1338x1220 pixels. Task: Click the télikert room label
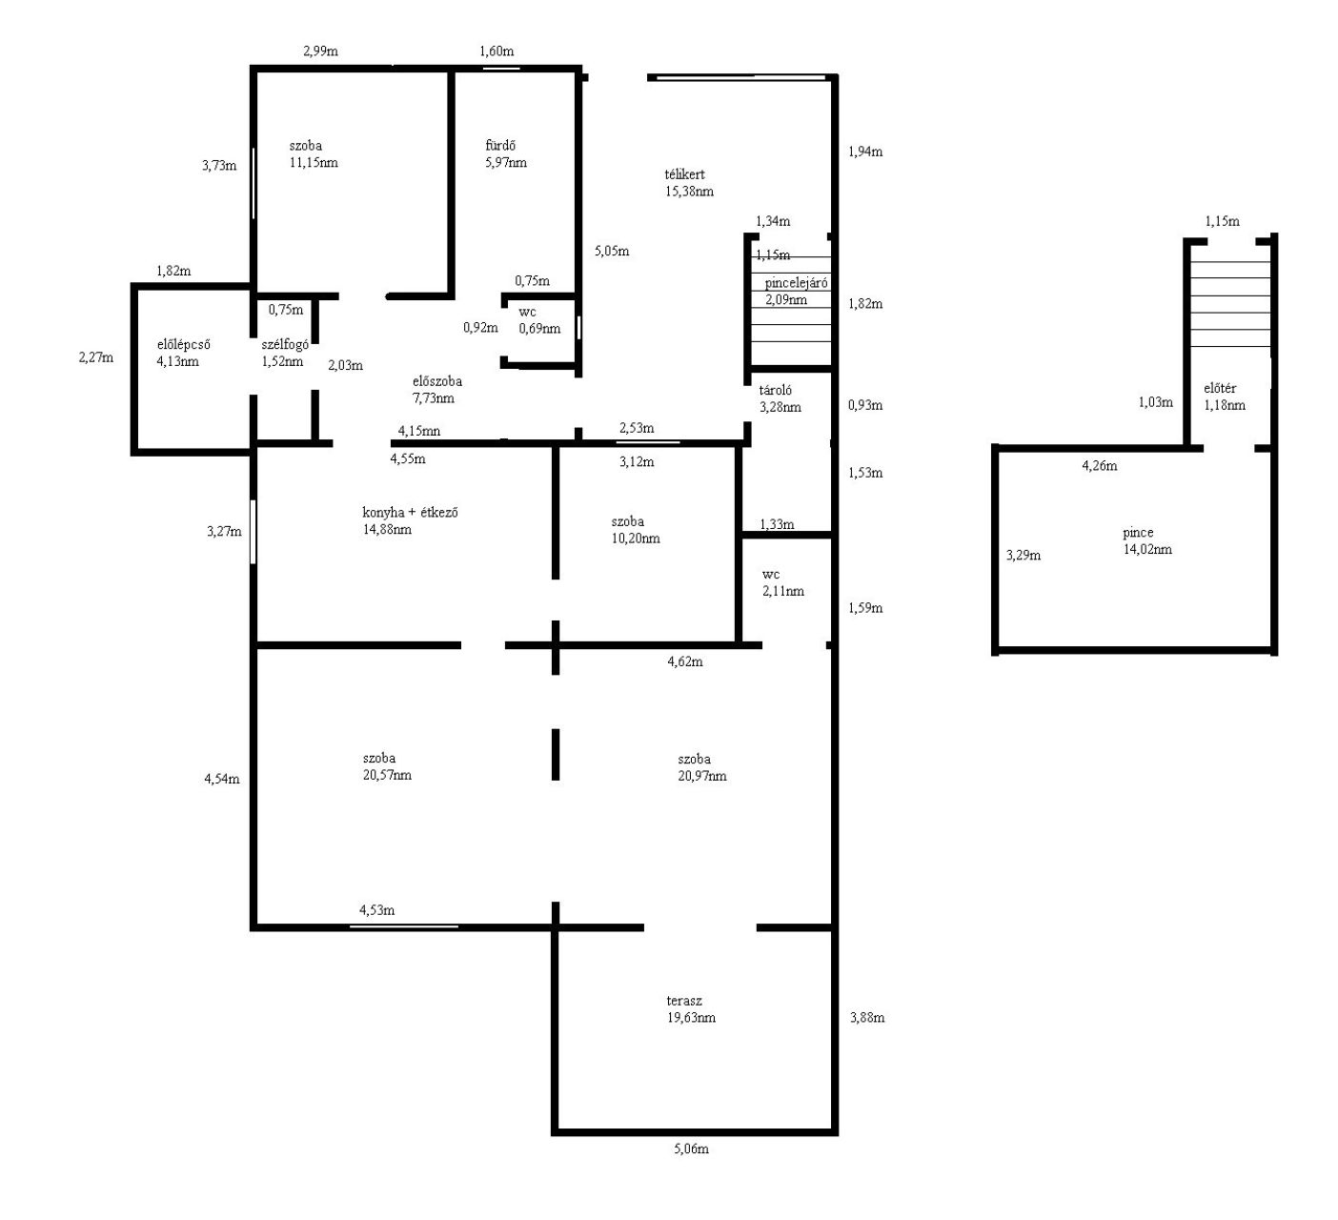tap(684, 174)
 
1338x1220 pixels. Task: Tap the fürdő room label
tap(500, 145)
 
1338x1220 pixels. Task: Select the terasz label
tap(683, 1001)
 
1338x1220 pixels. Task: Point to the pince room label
tap(1138, 533)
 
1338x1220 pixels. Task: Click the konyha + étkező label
tap(410, 513)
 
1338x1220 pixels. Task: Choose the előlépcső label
tap(183, 344)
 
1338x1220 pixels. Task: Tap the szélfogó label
tap(285, 344)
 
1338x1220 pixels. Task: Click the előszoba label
tap(436, 381)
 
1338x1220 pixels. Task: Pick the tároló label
tap(775, 390)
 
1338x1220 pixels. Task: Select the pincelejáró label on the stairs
tap(796, 283)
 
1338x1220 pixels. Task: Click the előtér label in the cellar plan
tap(1220, 388)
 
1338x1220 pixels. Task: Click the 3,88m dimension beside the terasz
tap(867, 1018)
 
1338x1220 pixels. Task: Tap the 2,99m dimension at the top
tap(320, 51)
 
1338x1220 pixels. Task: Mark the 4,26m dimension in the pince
tap(1099, 466)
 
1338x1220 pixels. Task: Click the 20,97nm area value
tap(701, 776)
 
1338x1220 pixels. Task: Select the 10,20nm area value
tap(636, 539)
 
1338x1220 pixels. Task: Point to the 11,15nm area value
tap(314, 163)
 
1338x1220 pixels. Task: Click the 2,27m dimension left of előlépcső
tap(96, 357)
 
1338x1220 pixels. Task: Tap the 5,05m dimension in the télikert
tap(612, 252)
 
